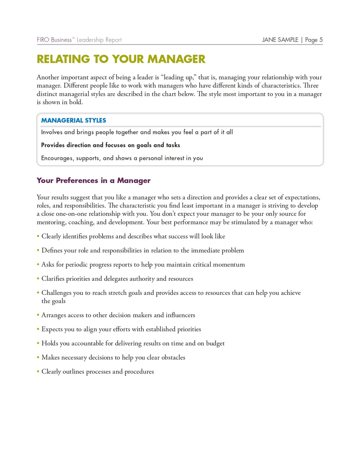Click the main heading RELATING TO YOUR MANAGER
pyautogui.click(x=121, y=59)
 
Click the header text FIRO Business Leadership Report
pyautogui.click(x=79, y=40)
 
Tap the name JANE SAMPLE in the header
pyautogui.click(x=280, y=40)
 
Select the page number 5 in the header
pyautogui.click(x=321, y=40)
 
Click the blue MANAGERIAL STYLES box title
pyautogui.click(x=73, y=120)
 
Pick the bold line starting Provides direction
pyautogui.click(x=111, y=145)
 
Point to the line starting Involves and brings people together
pyautogui.click(x=137, y=132)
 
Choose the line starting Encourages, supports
pyautogui.click(x=122, y=158)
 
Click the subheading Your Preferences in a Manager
pyautogui.click(x=94, y=180)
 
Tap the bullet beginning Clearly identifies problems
pyautogui.click(x=133, y=236)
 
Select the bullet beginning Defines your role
pyautogui.click(x=142, y=250)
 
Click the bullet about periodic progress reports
pyautogui.click(x=143, y=264)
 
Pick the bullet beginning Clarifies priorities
pyautogui.click(x=117, y=279)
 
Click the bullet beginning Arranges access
pyautogui.click(x=118, y=315)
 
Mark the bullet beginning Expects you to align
pyautogui.click(x=121, y=329)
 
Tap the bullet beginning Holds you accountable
pyautogui.click(x=133, y=343)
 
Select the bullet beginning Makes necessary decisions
pyautogui.click(x=113, y=358)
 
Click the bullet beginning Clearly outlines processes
pyautogui.click(x=97, y=372)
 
